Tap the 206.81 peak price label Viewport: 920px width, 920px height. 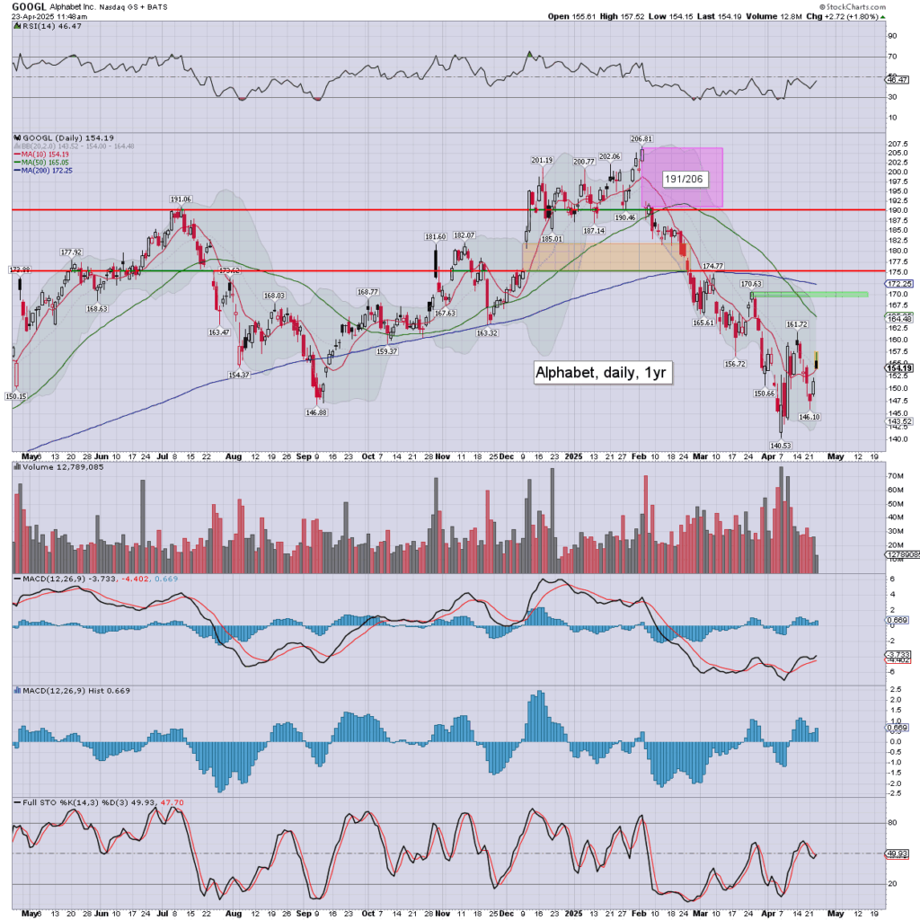641,139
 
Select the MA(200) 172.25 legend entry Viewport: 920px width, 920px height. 45,170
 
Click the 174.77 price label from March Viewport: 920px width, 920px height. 712,266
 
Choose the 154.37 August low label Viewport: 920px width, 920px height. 238,375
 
